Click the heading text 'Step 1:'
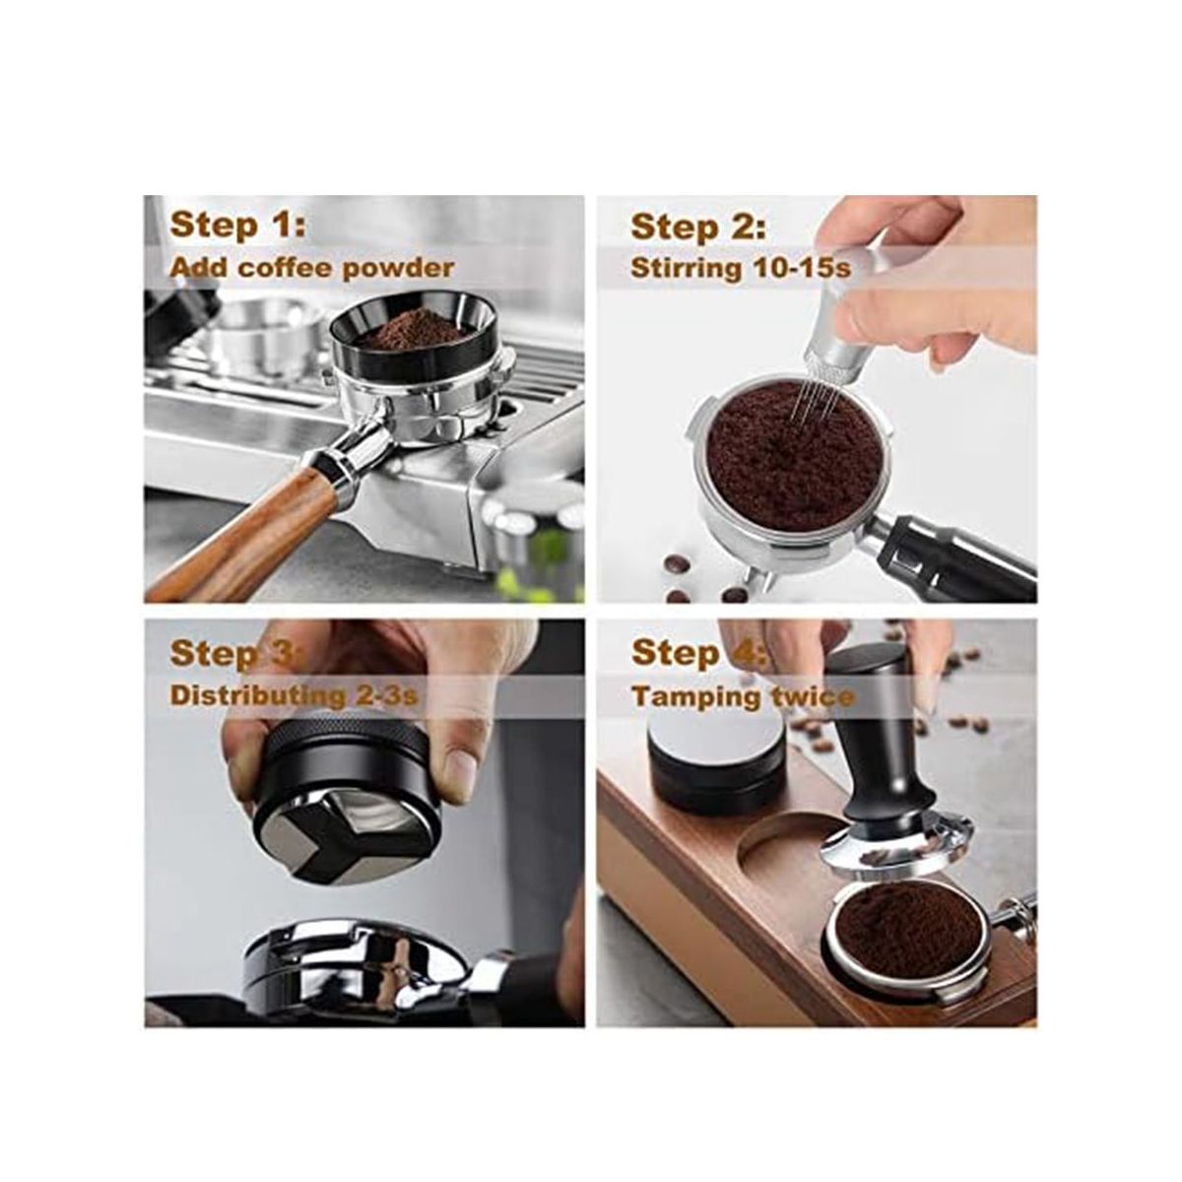(237, 226)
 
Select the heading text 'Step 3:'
(237, 653)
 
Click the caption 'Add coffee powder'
(311, 268)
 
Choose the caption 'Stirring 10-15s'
(741, 269)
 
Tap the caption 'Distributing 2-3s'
(294, 696)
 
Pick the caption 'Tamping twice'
(743, 696)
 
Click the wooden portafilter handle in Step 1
(245, 540)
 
